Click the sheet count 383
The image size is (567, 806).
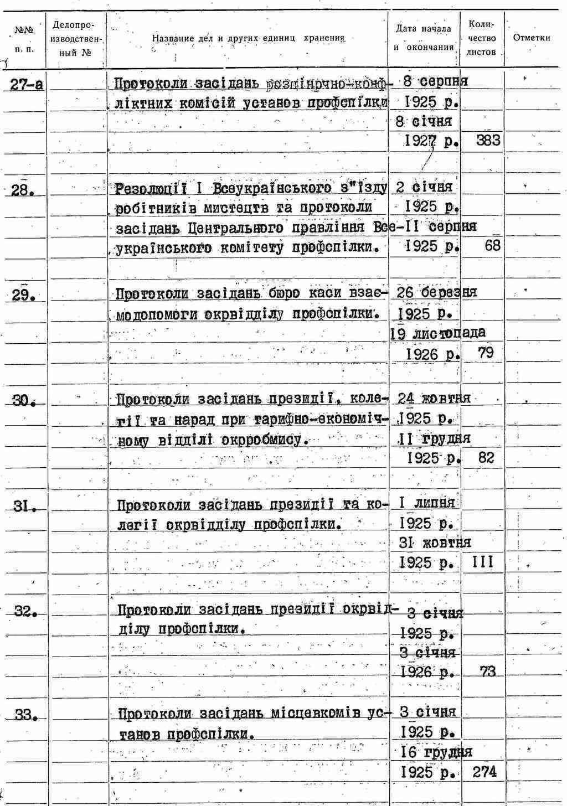tap(488, 141)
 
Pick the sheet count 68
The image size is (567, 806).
tap(492, 246)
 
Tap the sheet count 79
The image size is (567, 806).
tap(486, 352)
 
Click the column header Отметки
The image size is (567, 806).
tap(532, 38)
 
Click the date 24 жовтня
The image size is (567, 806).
tap(434, 398)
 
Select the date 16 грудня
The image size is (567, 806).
tap(436, 752)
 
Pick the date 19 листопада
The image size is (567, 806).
tap(437, 333)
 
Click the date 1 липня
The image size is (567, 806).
tap(427, 503)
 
